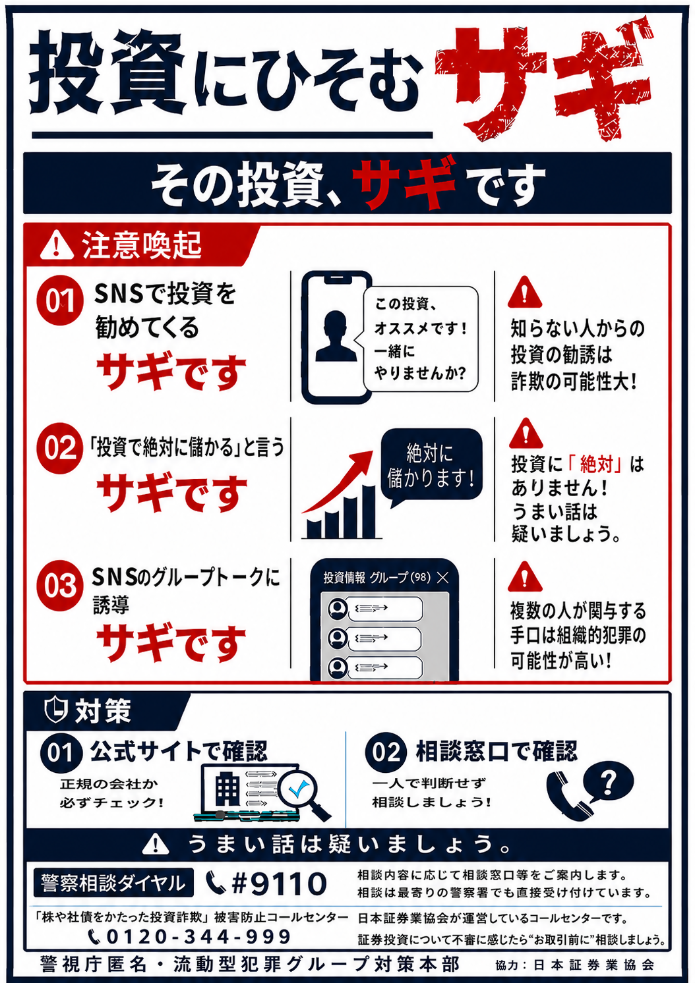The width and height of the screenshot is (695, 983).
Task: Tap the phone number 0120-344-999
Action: (198, 936)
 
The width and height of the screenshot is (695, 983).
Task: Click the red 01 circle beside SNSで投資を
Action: (60, 300)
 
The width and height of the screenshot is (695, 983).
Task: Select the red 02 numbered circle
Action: (60, 448)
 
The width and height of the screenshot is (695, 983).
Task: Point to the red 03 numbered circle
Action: (60, 586)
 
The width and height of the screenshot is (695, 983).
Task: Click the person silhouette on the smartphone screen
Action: (336, 336)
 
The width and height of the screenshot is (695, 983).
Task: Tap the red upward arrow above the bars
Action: (338, 481)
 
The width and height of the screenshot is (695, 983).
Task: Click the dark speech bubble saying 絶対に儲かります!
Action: (431, 467)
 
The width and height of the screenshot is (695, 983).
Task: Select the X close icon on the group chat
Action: (443, 578)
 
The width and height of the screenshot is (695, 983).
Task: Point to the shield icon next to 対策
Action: (56, 710)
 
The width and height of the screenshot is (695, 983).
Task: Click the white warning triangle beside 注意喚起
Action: (57, 245)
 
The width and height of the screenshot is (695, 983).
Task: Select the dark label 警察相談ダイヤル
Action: (113, 882)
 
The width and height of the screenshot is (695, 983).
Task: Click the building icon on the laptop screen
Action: (227, 788)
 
